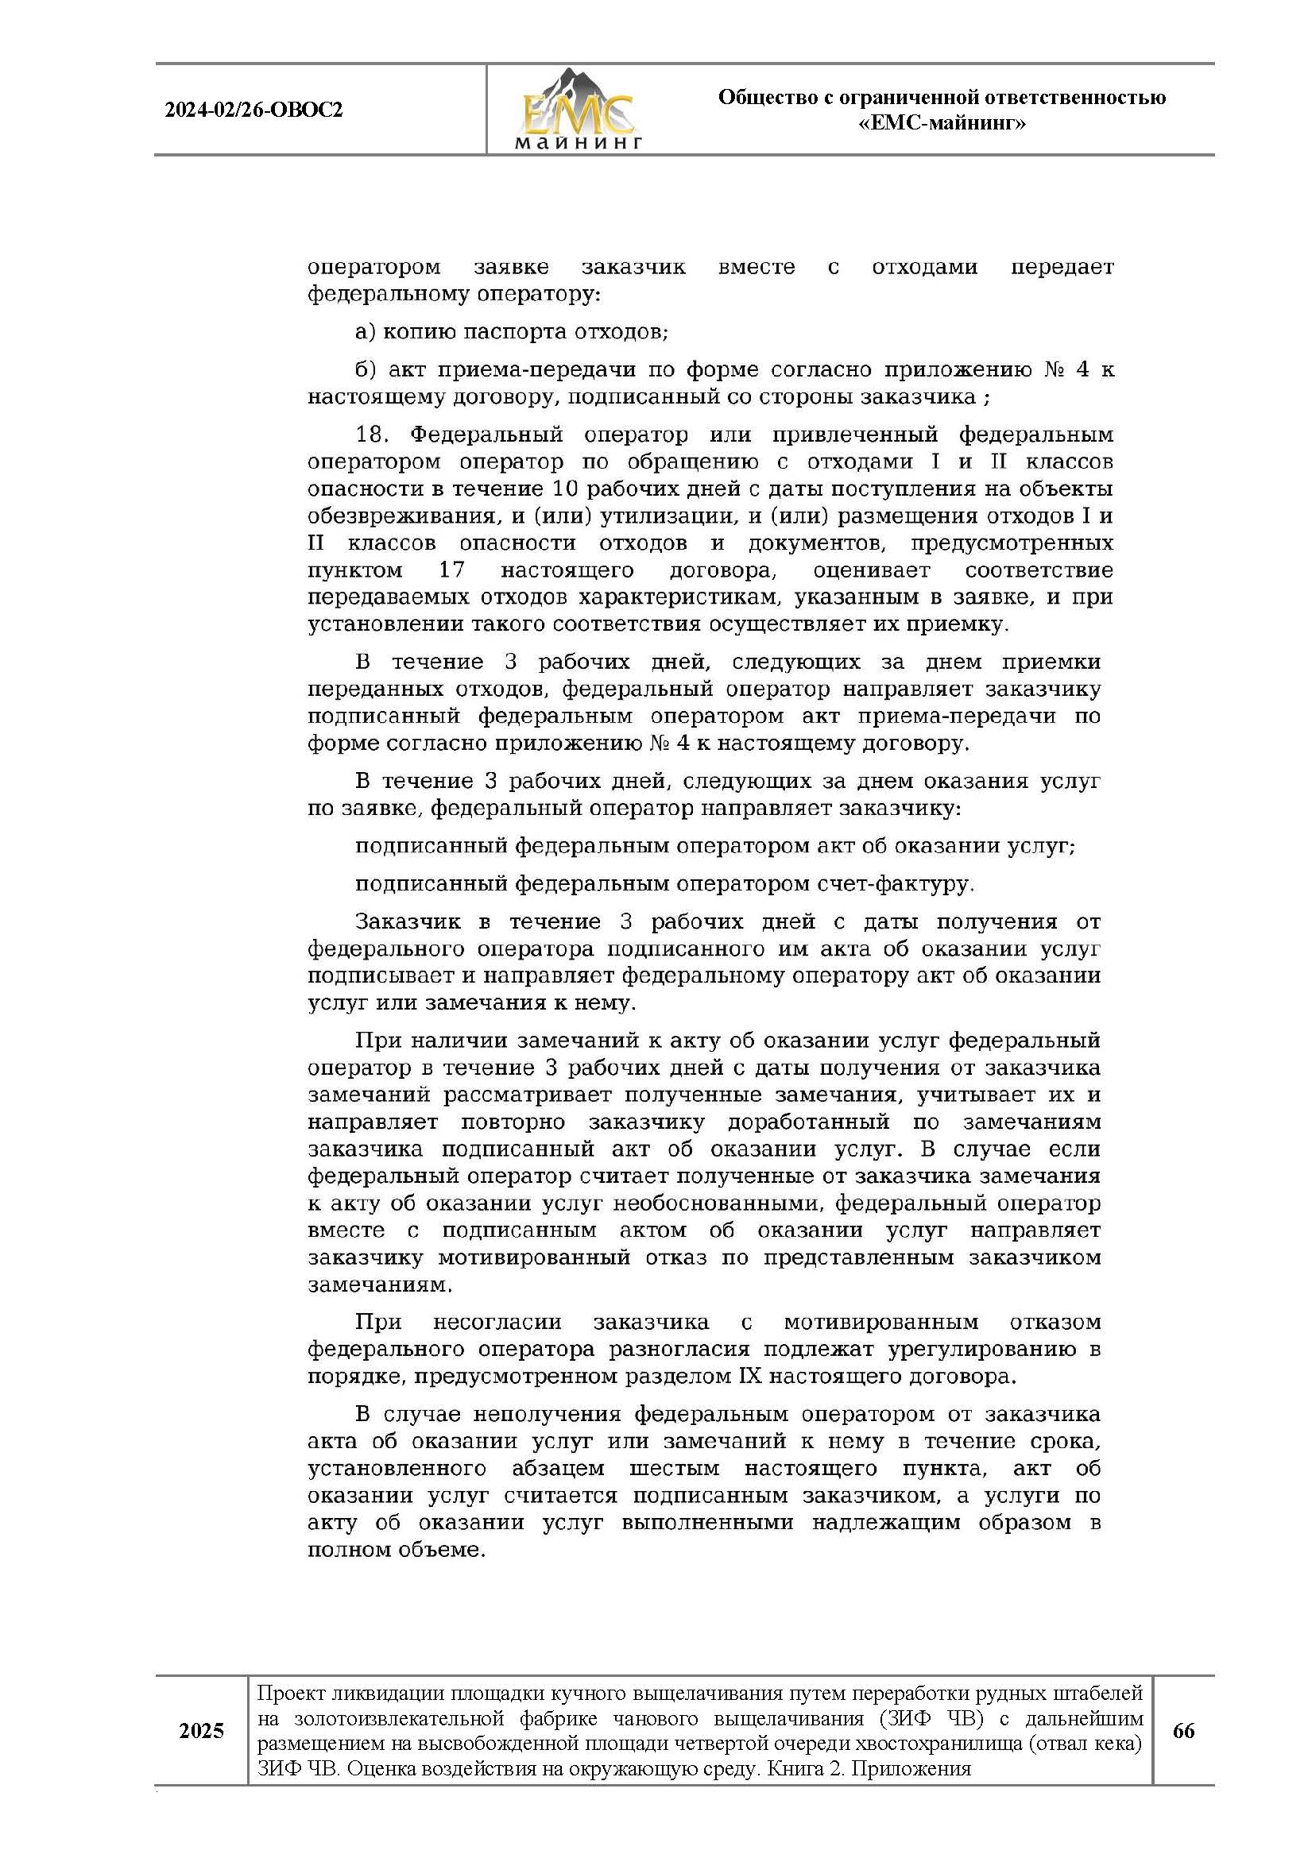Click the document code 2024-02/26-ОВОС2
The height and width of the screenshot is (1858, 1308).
click(x=253, y=110)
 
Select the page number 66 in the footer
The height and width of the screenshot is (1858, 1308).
click(x=1182, y=1731)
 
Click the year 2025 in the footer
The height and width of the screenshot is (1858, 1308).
click(x=201, y=1731)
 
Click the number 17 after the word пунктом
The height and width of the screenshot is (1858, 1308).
click(x=451, y=570)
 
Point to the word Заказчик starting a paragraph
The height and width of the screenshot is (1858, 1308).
click(x=408, y=921)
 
